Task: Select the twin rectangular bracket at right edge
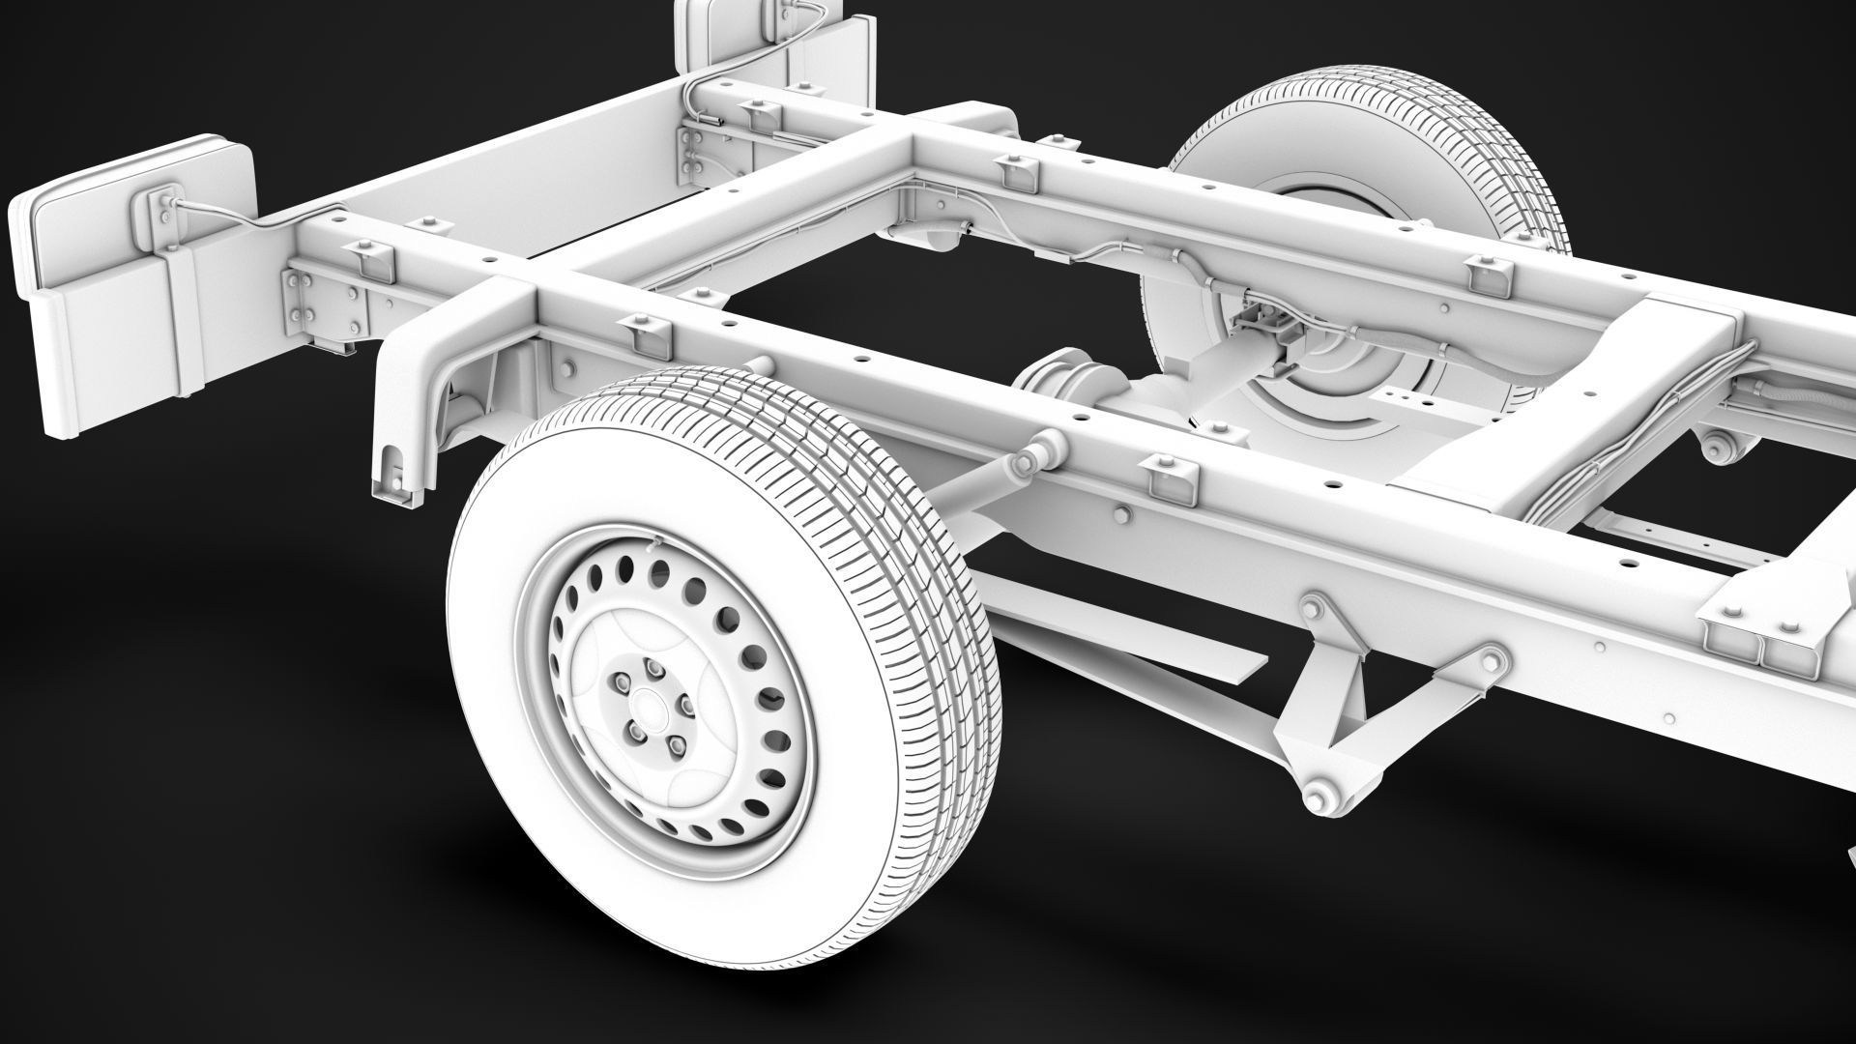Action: point(1759,638)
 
